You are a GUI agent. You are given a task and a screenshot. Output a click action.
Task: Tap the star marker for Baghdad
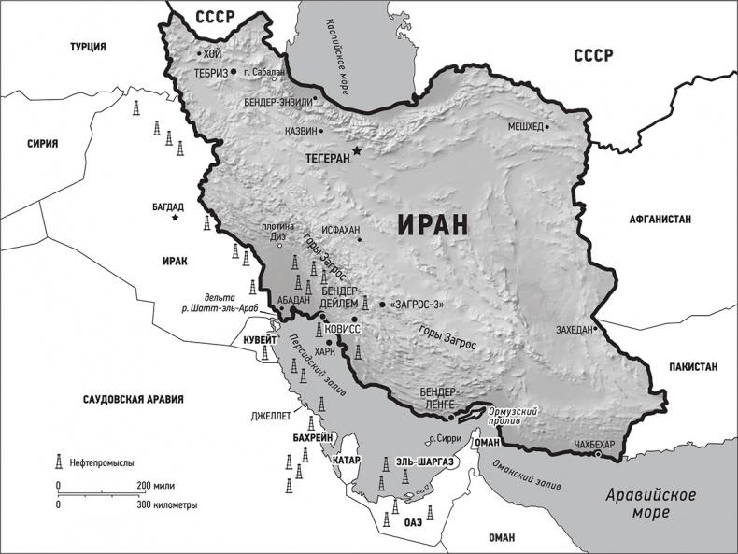click(x=176, y=218)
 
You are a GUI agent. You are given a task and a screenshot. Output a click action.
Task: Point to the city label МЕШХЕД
click(x=524, y=127)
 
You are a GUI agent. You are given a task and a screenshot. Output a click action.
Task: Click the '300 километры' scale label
click(x=165, y=504)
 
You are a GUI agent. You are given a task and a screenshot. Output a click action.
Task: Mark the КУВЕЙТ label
click(x=255, y=341)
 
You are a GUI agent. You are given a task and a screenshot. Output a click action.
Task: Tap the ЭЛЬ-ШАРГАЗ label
click(x=424, y=462)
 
